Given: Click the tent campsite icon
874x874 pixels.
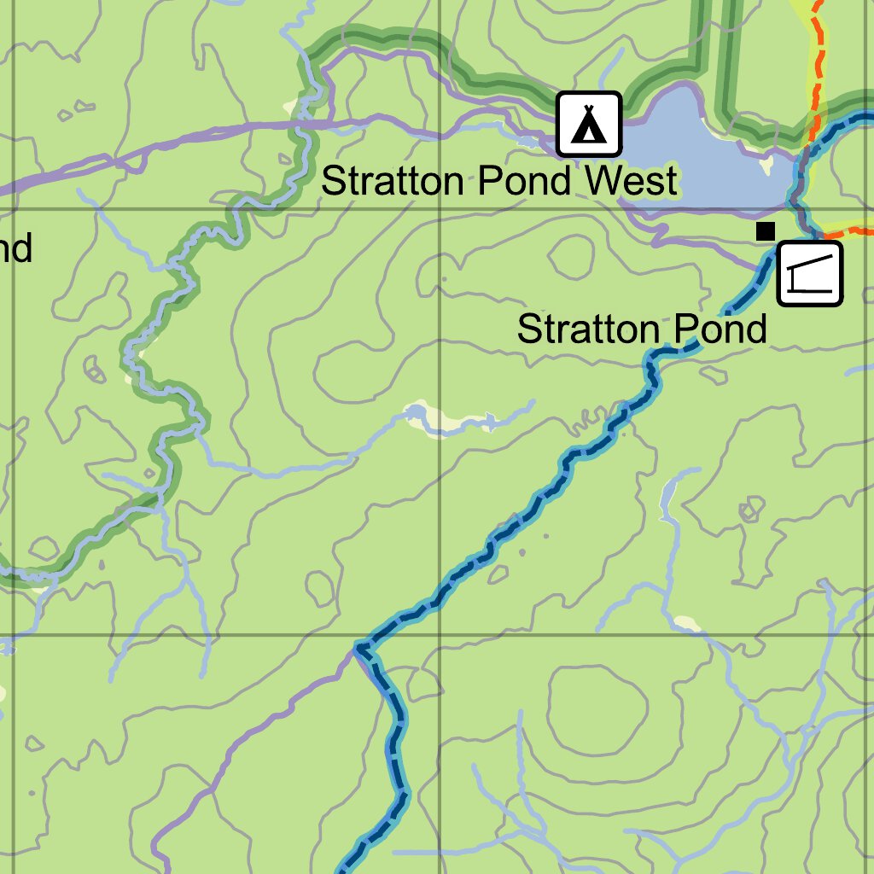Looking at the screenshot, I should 589,124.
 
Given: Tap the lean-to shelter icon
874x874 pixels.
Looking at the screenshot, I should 810,273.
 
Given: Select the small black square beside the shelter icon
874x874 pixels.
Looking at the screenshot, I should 766,230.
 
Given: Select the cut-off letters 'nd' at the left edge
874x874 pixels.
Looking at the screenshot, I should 15,248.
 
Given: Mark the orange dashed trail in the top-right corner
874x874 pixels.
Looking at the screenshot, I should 818,60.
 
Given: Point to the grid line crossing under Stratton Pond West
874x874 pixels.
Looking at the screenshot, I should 439,209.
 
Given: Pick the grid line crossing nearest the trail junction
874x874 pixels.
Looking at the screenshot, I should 439,636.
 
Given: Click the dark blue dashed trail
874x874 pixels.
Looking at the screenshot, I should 512,521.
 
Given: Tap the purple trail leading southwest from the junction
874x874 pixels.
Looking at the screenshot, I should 256,734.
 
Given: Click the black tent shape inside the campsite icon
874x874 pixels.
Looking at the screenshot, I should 588,125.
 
